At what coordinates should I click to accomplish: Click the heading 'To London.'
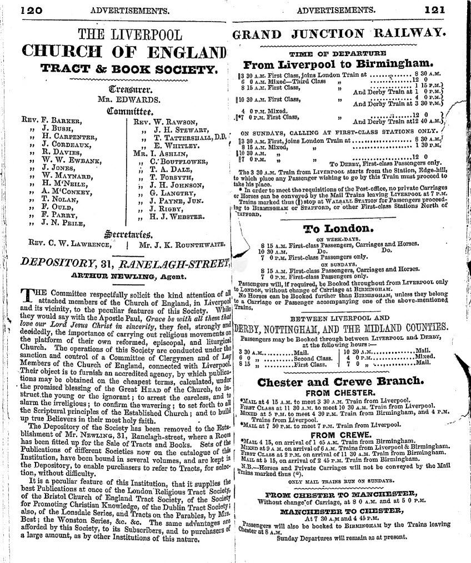click(337, 229)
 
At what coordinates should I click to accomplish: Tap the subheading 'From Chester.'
click(341, 392)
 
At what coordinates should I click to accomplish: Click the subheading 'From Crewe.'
click(341, 435)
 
